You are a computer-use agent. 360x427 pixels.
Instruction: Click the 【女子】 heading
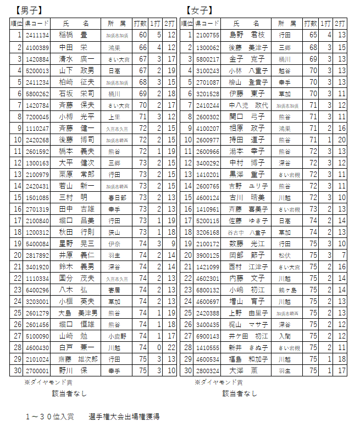(200, 10)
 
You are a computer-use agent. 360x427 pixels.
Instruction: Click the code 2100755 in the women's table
(208, 35)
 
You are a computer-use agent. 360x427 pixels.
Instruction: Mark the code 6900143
(208, 336)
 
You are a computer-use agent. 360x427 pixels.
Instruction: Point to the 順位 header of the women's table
(187, 24)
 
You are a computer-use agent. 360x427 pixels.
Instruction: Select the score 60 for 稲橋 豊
(143, 35)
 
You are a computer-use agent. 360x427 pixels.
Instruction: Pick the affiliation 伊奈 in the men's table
(114, 243)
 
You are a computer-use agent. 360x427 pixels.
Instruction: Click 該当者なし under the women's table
(240, 393)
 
